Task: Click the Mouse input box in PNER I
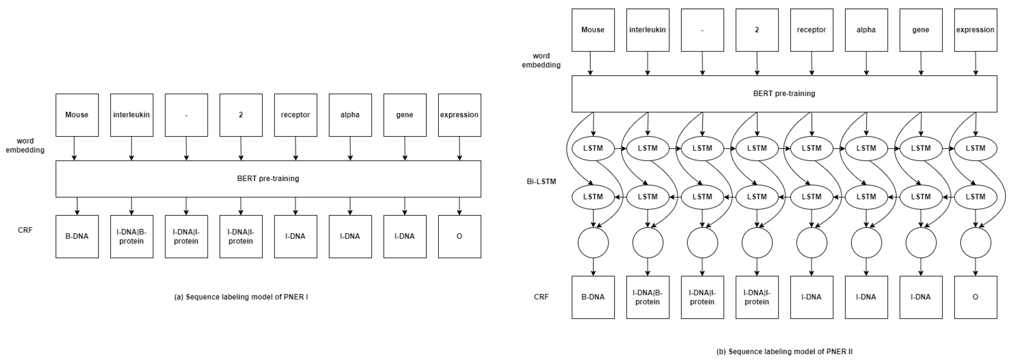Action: (77, 115)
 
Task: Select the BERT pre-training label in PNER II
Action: (784, 93)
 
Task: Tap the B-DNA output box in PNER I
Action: (77, 236)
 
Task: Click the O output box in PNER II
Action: (975, 297)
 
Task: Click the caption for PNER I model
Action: (241, 297)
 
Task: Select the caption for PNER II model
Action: (784, 351)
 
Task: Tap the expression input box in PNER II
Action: (975, 30)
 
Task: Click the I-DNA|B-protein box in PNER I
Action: (132, 236)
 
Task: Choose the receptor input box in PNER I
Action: (295, 115)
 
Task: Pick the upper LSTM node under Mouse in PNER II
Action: (593, 148)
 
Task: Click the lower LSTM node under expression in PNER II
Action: (975, 197)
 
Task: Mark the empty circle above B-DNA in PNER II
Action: (593, 243)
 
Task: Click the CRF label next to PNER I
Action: (25, 230)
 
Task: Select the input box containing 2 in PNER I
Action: (241, 115)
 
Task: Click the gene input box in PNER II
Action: (920, 30)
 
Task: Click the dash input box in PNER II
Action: (702, 30)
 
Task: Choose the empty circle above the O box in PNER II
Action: (975, 243)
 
